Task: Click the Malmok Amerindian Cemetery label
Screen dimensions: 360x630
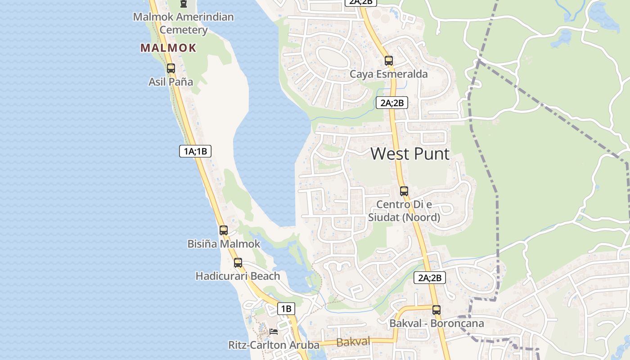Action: tap(183, 23)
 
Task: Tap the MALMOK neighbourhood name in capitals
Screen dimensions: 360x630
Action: tap(168, 48)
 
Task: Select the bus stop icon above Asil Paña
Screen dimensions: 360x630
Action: tap(171, 68)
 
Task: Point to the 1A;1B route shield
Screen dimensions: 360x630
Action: tap(195, 151)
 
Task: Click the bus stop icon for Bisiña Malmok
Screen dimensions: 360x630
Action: tap(224, 230)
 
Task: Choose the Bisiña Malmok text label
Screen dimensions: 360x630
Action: tap(224, 244)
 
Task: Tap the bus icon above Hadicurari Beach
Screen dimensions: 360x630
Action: tap(238, 263)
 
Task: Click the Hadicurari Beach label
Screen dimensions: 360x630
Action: tap(238, 276)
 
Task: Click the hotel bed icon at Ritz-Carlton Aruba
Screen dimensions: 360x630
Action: tap(273, 332)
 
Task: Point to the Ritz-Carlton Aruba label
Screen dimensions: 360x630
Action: tap(274, 345)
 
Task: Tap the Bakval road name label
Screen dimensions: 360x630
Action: tap(353, 342)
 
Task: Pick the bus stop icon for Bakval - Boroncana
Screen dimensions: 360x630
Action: tap(436, 310)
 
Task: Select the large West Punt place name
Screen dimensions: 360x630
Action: tap(410, 154)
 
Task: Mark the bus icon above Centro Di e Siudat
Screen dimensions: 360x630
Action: tap(404, 191)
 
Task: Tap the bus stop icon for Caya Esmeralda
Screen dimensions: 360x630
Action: tap(389, 61)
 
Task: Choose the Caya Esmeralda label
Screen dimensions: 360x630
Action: tap(389, 74)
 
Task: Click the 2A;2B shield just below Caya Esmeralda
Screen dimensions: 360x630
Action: tap(392, 103)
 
